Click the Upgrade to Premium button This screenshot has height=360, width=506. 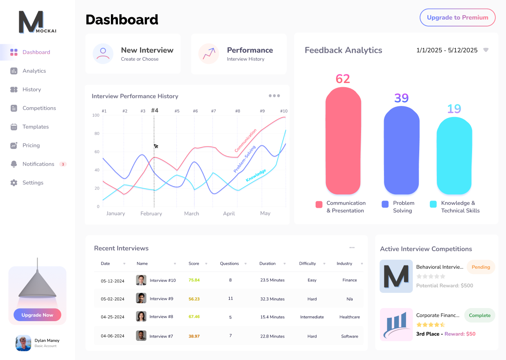click(457, 18)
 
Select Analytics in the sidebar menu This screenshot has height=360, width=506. click(34, 71)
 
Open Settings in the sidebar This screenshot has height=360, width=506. click(33, 182)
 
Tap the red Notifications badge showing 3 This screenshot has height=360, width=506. click(63, 164)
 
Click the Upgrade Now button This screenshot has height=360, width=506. click(37, 315)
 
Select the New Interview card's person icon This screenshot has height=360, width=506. click(103, 54)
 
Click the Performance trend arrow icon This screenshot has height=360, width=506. click(209, 54)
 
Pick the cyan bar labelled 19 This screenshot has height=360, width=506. click(454, 155)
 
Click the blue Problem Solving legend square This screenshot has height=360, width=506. click(385, 204)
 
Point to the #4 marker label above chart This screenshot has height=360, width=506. click(154, 110)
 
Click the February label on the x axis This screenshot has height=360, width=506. click(151, 214)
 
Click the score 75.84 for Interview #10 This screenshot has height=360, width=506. click(194, 280)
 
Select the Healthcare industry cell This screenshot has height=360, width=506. click(350, 317)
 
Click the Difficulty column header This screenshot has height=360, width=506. click(307, 263)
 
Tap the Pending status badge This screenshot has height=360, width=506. click(481, 267)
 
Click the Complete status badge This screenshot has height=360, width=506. click(479, 315)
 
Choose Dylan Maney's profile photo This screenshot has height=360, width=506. click(23, 343)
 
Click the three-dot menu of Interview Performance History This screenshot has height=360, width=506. click(274, 96)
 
